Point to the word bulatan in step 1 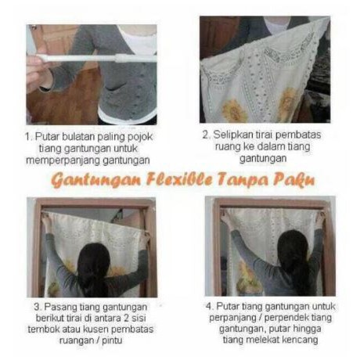pyautogui.click(x=84, y=137)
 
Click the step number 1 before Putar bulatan pyautogui.click(x=28, y=137)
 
